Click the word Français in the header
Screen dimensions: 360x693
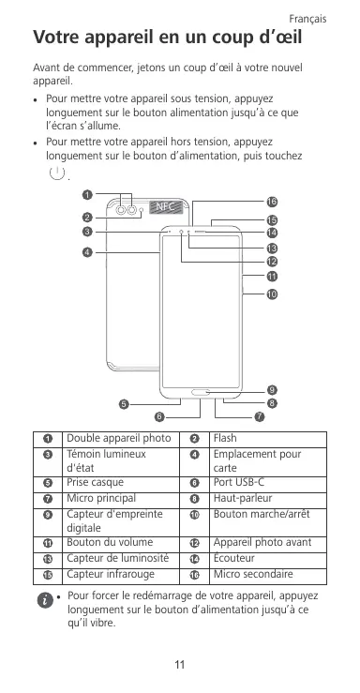pyautogui.click(x=307, y=19)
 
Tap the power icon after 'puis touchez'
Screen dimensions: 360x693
pyautogui.click(x=57, y=173)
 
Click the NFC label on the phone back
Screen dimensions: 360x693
pyautogui.click(x=165, y=206)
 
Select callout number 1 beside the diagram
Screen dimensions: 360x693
pyautogui.click(x=87, y=194)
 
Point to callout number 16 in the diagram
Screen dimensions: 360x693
pyautogui.click(x=272, y=202)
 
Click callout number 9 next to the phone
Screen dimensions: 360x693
pyautogui.click(x=272, y=390)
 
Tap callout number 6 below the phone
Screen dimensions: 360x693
pyautogui.click(x=160, y=416)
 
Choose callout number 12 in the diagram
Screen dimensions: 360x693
pyautogui.click(x=272, y=262)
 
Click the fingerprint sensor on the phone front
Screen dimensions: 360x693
pyautogui.click(x=201, y=392)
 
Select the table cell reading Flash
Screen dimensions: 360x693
pyautogui.click(x=267, y=439)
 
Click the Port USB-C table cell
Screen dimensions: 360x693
pyautogui.click(x=267, y=483)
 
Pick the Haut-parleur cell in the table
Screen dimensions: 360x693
pyautogui.click(x=267, y=499)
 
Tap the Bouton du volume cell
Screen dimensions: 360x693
pyautogui.click(x=121, y=543)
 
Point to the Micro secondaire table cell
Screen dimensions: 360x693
pyautogui.click(x=267, y=575)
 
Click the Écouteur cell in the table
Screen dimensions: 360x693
pyautogui.click(x=267, y=559)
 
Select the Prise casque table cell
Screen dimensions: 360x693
pyautogui.click(x=121, y=483)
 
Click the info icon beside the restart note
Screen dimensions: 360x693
pyautogui.click(x=45, y=600)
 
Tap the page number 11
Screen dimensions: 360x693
pyautogui.click(x=179, y=664)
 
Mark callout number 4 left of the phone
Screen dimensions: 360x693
pyautogui.click(x=87, y=252)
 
